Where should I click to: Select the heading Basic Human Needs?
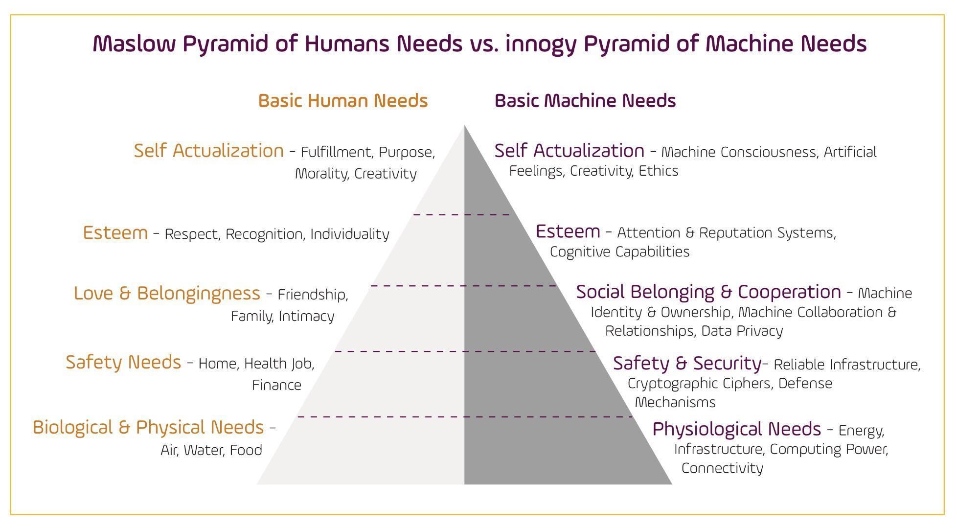[342, 101]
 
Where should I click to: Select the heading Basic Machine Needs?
[585, 101]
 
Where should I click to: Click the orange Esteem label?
[115, 232]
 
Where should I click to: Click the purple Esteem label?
[568, 231]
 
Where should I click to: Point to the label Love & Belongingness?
[167, 293]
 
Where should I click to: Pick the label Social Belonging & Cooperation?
[708, 292]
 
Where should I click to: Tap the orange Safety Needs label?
[123, 362]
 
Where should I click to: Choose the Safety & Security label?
[687, 363]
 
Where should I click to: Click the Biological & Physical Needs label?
[148, 427]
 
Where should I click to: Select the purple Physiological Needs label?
[736, 429]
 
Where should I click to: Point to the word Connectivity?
[722, 468]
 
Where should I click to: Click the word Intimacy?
[306, 317]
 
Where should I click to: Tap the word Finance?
[276, 385]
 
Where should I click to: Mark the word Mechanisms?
[675, 402]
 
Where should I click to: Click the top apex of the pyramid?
[464, 127]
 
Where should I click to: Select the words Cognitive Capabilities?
[619, 252]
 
